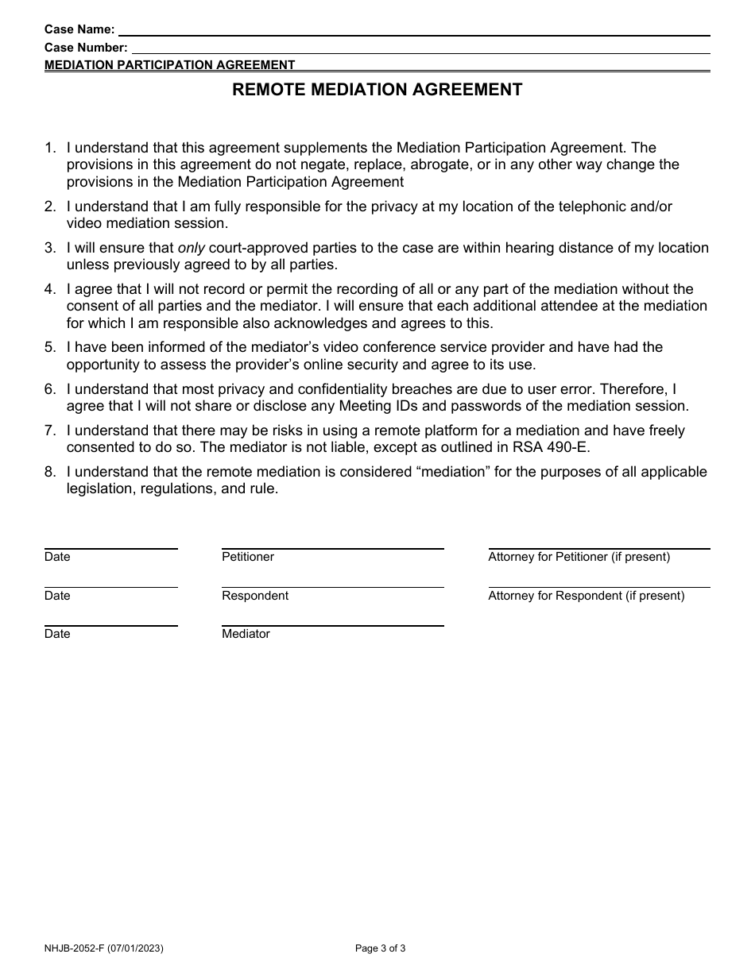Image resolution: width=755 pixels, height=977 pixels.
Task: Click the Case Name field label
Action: click(x=79, y=30)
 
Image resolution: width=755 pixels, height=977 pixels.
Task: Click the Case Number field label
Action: click(x=86, y=48)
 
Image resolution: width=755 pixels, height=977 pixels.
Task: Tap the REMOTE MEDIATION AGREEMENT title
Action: click(x=377, y=90)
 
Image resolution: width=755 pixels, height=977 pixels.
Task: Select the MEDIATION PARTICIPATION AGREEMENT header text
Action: click(x=169, y=65)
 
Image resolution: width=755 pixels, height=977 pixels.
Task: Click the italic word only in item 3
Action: click(x=191, y=248)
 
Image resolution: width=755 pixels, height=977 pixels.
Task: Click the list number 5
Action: click(x=50, y=347)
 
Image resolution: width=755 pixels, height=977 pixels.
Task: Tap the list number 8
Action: click(x=50, y=472)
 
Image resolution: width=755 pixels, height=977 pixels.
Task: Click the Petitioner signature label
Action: click(x=248, y=557)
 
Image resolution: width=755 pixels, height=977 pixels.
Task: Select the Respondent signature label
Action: click(x=255, y=596)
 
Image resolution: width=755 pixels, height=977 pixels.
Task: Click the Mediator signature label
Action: click(x=246, y=634)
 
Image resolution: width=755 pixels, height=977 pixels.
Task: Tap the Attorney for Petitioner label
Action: click(x=579, y=557)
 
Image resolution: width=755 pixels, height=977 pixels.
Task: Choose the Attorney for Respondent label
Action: click(x=586, y=596)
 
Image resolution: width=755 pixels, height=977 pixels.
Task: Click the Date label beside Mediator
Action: click(x=57, y=634)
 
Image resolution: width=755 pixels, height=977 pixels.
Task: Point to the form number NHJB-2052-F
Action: click(x=79, y=948)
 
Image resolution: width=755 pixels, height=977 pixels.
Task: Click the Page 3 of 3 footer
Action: click(x=381, y=948)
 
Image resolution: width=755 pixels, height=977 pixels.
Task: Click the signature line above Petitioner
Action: click(x=332, y=548)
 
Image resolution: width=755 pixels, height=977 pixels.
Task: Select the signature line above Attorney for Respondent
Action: click(x=598, y=587)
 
